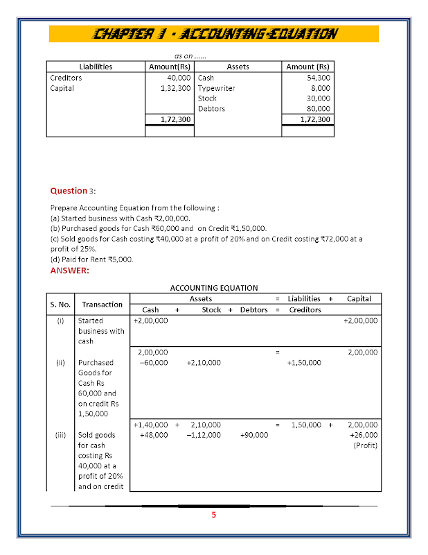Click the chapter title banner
tap(214, 33)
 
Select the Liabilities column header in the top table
tap(96, 67)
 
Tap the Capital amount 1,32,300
tap(175, 88)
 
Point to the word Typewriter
tap(216, 88)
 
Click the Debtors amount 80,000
tap(319, 108)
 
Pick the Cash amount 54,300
tap(319, 78)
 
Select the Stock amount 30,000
tap(319, 99)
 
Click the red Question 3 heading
tap(72, 190)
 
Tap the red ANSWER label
tap(69, 271)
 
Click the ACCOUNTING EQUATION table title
tap(214, 287)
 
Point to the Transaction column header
tap(102, 304)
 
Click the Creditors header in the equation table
tap(305, 309)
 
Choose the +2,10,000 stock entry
tap(204, 362)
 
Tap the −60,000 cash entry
tap(153, 362)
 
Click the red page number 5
tap(214, 515)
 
